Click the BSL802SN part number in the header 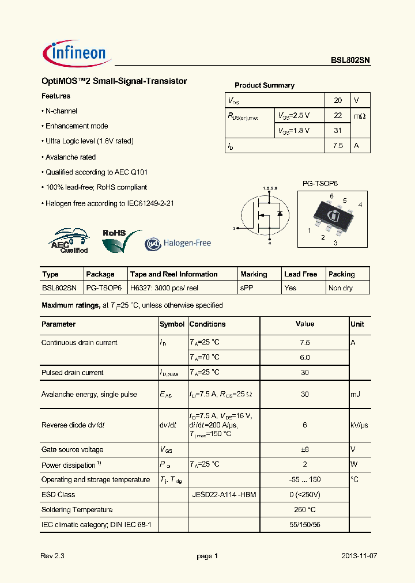(x=350, y=59)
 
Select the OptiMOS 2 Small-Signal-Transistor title (x=114, y=81)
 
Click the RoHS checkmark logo (x=120, y=240)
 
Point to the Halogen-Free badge (x=178, y=243)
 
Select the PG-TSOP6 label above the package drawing (x=320, y=183)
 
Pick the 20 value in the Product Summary (x=338, y=100)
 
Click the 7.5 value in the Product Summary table (x=338, y=146)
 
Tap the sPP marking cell (x=247, y=288)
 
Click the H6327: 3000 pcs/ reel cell (x=164, y=288)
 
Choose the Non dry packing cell (x=341, y=288)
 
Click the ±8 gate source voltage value (x=305, y=449)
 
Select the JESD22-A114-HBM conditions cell (x=224, y=494)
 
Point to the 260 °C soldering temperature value (x=305, y=509)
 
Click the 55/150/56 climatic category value (x=305, y=524)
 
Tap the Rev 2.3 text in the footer (x=53, y=556)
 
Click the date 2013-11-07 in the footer (x=359, y=556)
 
